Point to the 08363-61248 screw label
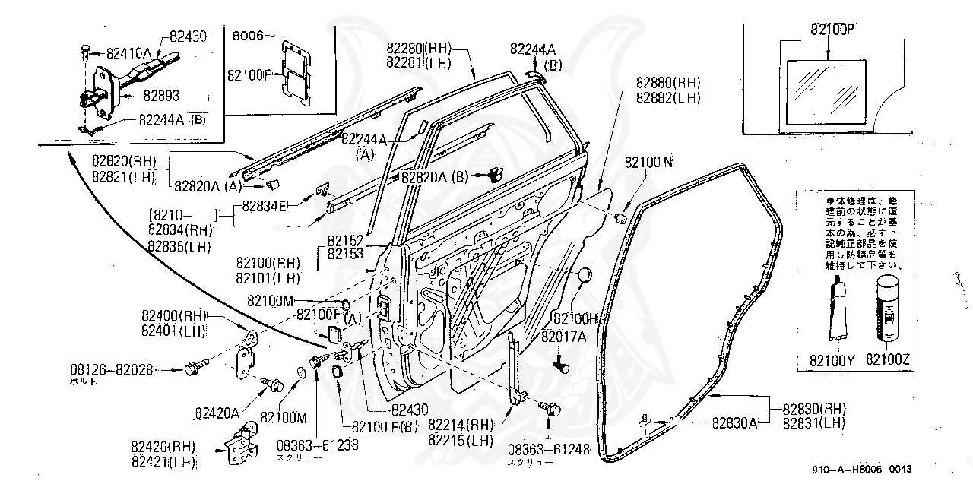[x=549, y=450]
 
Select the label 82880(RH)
[x=670, y=82]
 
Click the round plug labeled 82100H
[x=585, y=276]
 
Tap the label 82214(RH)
[x=461, y=425]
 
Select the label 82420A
[x=217, y=414]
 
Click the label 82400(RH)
[x=173, y=315]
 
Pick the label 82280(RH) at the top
[x=419, y=49]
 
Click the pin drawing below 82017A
[x=563, y=366]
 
